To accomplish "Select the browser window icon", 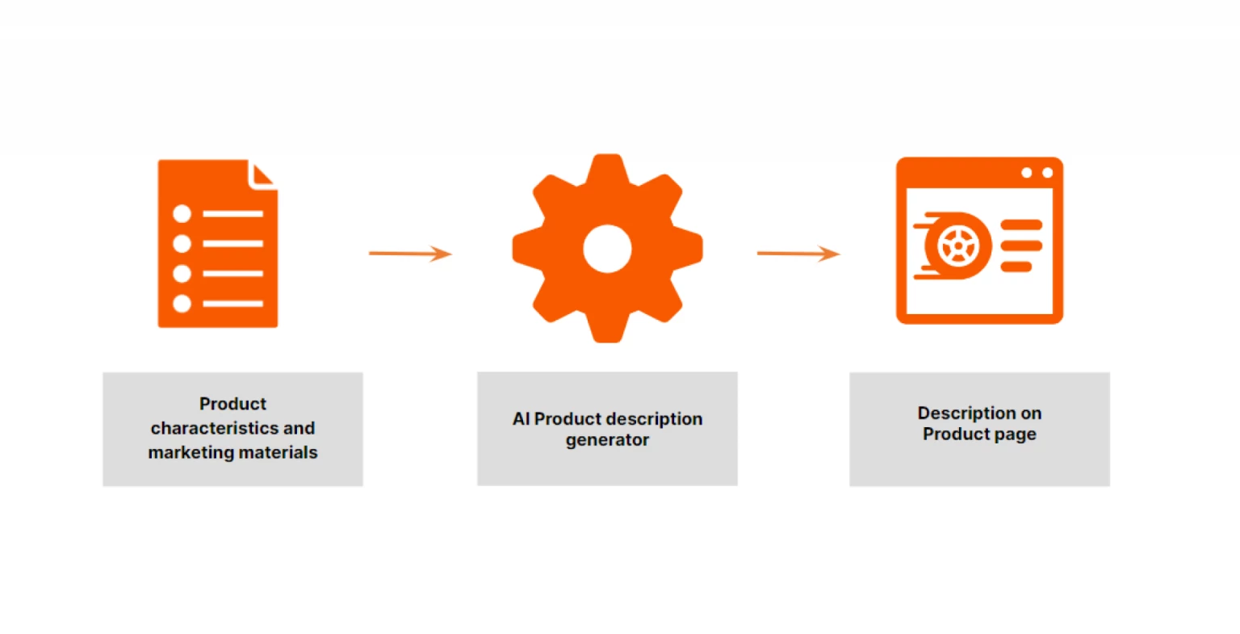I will [979, 241].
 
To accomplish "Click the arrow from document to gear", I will [410, 254].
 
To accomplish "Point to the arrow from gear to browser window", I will [798, 254].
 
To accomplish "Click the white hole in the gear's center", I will [607, 249].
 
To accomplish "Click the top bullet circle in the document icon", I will [182, 214].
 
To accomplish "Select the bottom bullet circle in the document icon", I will [182, 304].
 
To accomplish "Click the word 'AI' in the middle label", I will [522, 419].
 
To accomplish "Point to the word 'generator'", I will [607, 440].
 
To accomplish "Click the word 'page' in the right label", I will [1016, 435].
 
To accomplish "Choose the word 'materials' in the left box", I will [275, 452].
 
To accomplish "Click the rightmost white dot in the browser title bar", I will [1047, 173].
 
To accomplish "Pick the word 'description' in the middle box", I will [655, 419].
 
